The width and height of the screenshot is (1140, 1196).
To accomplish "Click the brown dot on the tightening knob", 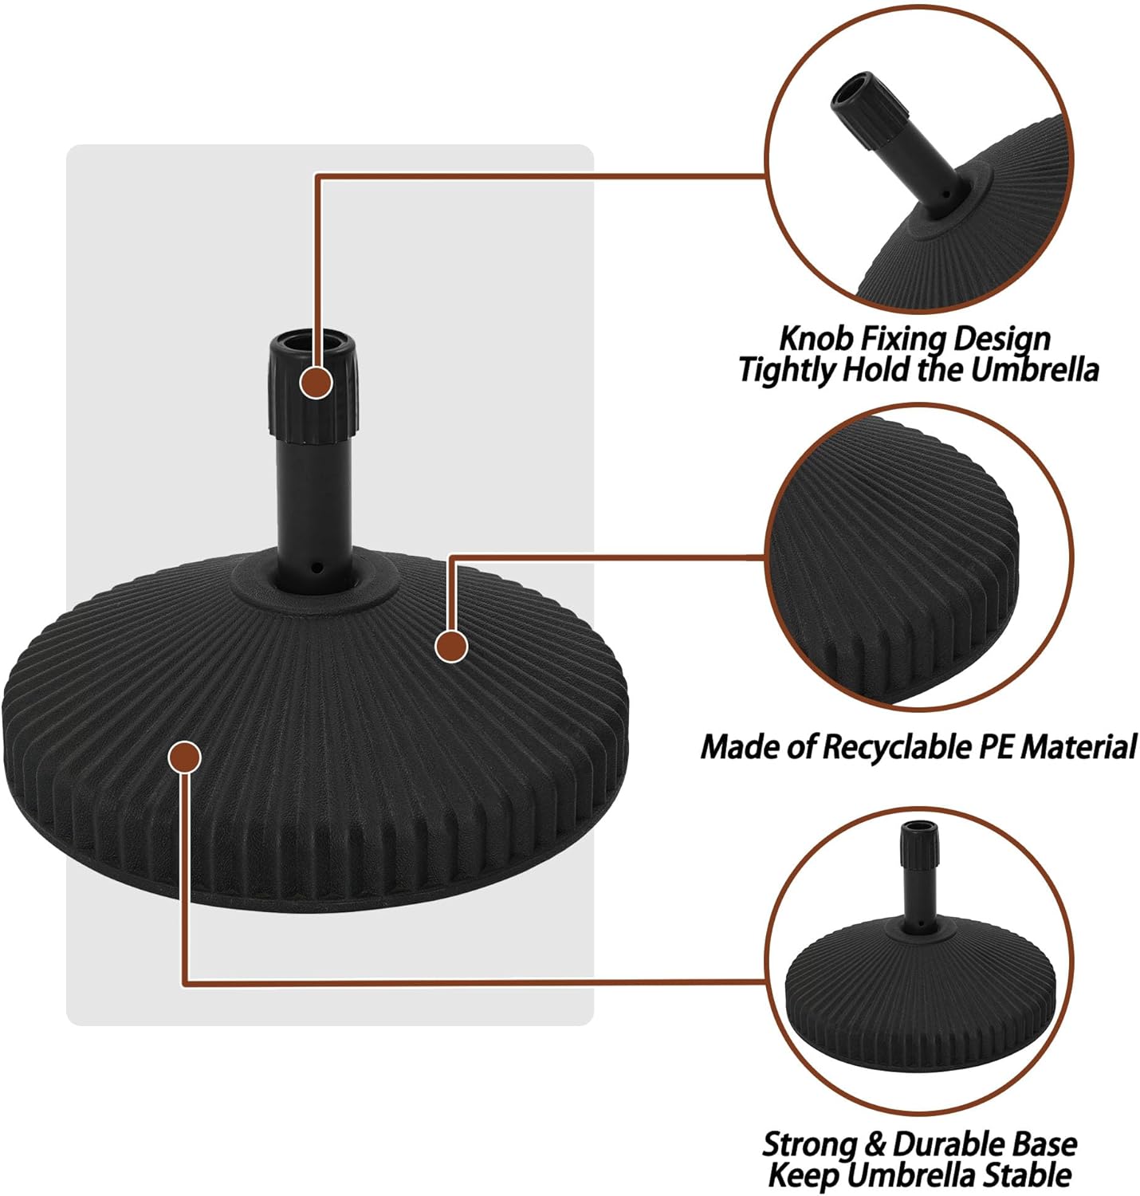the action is pos(316,384).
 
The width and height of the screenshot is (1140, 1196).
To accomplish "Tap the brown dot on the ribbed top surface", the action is pos(451,646).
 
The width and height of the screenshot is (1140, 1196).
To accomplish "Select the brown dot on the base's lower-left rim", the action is pos(185,757).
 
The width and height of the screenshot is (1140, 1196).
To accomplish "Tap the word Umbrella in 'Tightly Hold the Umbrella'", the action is pos(1034,370).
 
